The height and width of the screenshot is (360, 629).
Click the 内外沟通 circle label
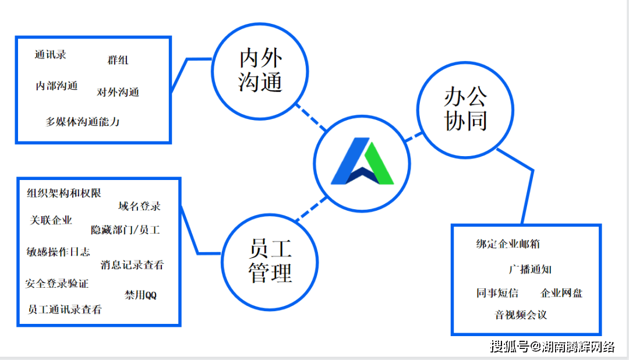(x=260, y=70)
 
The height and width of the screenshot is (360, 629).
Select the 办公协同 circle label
(x=466, y=109)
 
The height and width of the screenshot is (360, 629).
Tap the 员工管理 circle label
(x=270, y=261)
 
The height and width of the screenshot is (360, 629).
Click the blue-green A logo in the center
(x=362, y=161)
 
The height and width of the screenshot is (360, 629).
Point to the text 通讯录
(x=51, y=55)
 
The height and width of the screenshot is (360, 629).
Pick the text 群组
(x=118, y=60)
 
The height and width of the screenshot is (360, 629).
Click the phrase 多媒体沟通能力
(x=83, y=122)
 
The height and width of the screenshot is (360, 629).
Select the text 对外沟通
(x=118, y=92)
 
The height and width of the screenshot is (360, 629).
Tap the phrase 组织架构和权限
(x=64, y=193)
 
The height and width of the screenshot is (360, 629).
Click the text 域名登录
(x=140, y=206)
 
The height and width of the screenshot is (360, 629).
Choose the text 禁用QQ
(x=140, y=295)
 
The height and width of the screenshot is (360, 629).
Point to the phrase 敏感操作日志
(x=58, y=252)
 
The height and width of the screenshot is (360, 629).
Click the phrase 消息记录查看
(x=132, y=265)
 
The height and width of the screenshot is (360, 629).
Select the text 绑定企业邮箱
(x=508, y=244)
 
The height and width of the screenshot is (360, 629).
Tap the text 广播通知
(x=531, y=269)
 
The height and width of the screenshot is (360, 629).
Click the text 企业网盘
(x=561, y=293)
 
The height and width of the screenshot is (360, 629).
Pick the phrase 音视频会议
(x=521, y=315)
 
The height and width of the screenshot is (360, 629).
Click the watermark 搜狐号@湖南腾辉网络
(x=552, y=347)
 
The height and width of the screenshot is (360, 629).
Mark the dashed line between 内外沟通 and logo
(x=310, y=117)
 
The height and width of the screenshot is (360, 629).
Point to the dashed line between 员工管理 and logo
(x=311, y=209)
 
